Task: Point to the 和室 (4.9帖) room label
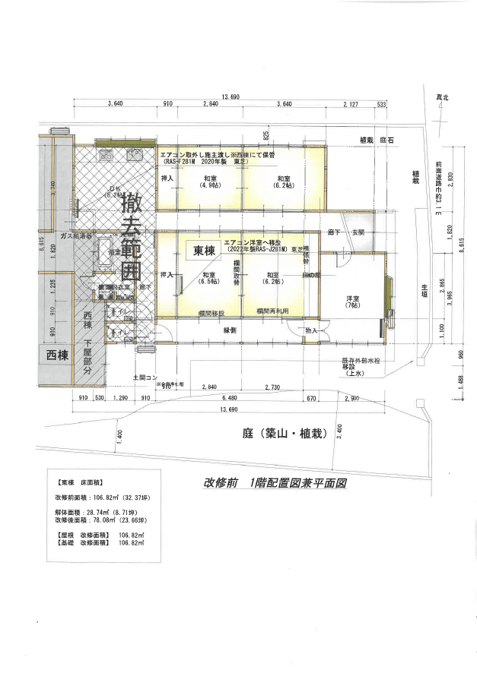205,182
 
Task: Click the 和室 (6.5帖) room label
205,278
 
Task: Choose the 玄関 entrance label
357,231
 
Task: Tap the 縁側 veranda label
231,330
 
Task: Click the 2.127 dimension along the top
351,103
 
